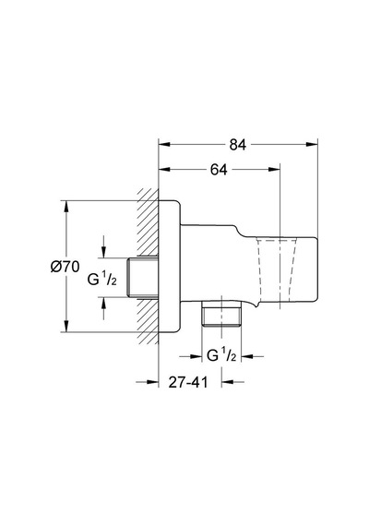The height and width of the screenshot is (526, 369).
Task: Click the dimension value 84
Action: tap(238, 145)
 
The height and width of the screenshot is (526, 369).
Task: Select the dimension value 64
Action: tap(219, 170)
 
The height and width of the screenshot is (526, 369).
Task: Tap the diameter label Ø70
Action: tap(65, 267)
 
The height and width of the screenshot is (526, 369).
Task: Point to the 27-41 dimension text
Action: tap(188, 382)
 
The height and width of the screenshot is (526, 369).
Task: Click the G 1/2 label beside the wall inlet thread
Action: tap(102, 279)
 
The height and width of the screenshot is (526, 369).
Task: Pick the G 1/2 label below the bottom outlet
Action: tap(221, 355)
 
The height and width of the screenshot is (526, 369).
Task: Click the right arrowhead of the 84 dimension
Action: tap(312, 144)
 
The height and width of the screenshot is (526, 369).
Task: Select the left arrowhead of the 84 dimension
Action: tap(164, 144)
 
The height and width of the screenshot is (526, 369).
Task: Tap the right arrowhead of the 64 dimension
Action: tap(274, 170)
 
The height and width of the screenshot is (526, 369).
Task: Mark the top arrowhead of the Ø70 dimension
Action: tap(66, 207)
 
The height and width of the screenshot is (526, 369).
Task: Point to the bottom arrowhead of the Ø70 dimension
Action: tap(66, 327)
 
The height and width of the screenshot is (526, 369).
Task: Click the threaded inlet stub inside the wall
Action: tap(143, 277)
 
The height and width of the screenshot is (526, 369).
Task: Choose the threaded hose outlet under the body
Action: tap(221, 314)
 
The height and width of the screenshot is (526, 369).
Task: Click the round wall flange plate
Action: tap(170, 267)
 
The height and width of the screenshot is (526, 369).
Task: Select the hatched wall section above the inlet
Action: tap(148, 223)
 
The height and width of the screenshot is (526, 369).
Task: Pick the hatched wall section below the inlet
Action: tap(148, 320)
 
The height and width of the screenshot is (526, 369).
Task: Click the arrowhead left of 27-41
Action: tap(152, 382)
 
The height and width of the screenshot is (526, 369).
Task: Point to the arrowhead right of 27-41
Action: tap(228, 382)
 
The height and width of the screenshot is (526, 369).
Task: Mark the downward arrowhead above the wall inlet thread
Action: tap(103, 252)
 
